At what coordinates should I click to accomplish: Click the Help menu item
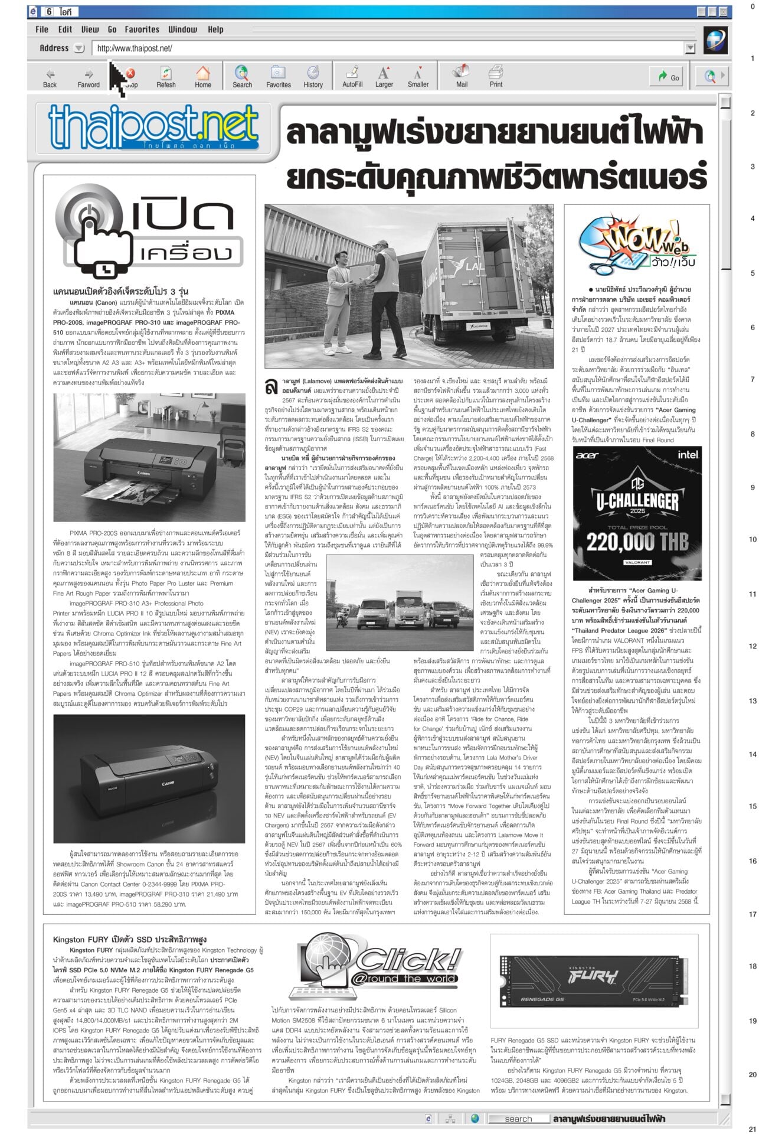tap(215, 29)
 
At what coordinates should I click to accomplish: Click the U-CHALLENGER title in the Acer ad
tap(637, 501)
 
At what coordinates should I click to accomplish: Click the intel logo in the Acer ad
tap(688, 455)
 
